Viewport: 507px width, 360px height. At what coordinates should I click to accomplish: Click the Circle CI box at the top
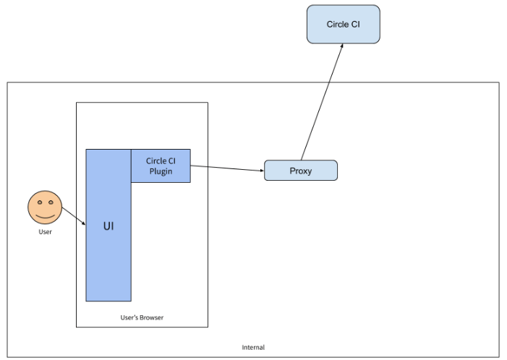[343, 24]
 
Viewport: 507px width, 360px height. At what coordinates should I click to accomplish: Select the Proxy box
[300, 171]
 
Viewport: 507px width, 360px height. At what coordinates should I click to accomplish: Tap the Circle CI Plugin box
[161, 166]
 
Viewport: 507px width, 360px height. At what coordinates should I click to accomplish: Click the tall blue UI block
[108, 246]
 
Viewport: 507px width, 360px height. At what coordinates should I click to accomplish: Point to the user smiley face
[45, 208]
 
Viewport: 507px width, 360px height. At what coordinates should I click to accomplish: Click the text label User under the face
[45, 232]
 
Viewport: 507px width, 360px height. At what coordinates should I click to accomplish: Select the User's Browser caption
[142, 317]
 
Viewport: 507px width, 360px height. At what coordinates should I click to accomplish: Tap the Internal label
[253, 348]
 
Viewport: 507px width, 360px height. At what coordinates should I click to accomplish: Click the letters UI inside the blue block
[108, 226]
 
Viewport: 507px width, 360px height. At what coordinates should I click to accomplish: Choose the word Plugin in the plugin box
[161, 171]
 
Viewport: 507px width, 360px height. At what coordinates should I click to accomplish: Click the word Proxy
[300, 171]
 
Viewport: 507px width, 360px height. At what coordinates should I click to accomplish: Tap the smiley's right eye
[51, 202]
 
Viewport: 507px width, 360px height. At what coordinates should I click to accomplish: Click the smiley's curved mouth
[45, 215]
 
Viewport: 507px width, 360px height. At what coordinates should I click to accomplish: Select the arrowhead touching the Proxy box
[260, 171]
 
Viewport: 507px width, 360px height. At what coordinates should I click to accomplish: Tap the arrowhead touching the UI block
[83, 223]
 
